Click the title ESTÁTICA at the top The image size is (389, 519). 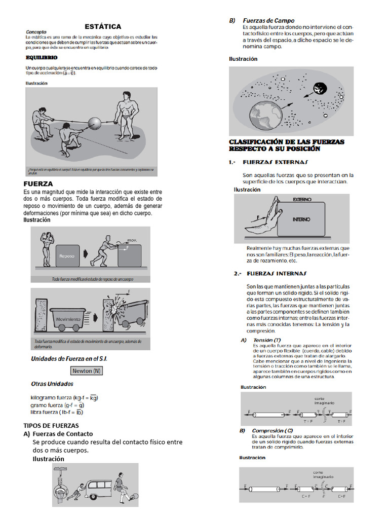coord(102,26)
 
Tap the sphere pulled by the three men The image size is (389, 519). coord(96,123)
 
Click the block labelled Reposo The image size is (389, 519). coord(67,255)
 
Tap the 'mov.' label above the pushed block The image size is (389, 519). coord(132,240)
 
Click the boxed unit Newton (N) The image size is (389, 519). coord(86,370)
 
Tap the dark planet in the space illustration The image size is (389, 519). coord(322,89)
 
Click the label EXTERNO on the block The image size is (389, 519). coord(302,200)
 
